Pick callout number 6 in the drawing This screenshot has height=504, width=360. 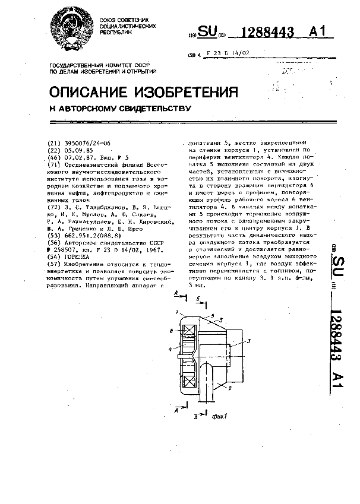[x=171, y=331]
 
